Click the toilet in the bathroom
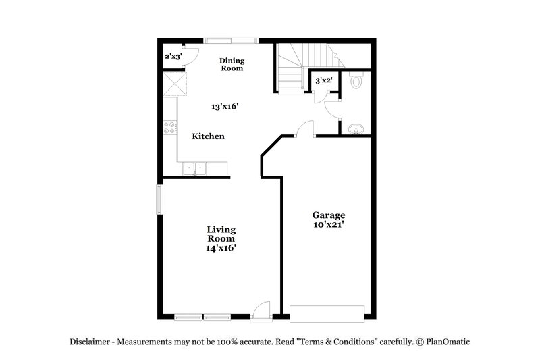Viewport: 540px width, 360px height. point(357,82)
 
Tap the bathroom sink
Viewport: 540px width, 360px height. point(356,128)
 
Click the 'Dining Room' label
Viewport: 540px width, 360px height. point(231,64)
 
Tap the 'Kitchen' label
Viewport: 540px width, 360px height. point(208,136)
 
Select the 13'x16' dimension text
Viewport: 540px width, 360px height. point(225,107)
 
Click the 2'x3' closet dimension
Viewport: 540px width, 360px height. point(173,57)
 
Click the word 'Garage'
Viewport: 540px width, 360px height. point(328,215)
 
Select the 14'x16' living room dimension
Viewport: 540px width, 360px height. point(221,248)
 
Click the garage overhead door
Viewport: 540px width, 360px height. point(327,313)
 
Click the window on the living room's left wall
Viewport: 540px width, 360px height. point(159,199)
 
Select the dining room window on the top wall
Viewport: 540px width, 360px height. point(232,40)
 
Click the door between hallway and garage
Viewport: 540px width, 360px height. point(305,129)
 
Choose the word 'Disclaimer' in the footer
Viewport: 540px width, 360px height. point(92,342)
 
